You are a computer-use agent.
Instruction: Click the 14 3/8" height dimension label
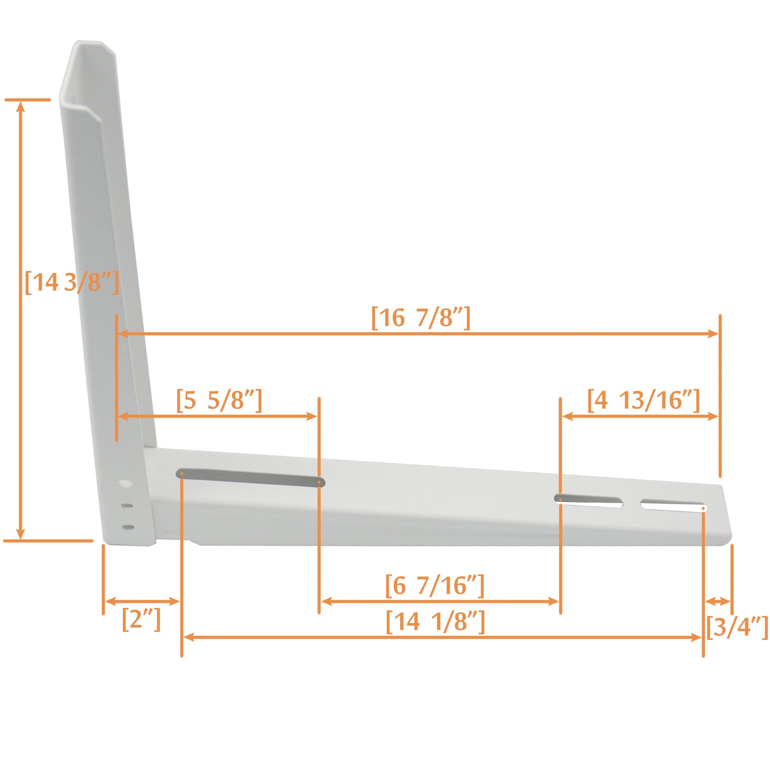click(x=72, y=283)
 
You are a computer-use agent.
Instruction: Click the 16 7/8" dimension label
click(x=420, y=318)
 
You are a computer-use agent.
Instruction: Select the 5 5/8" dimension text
click(x=219, y=401)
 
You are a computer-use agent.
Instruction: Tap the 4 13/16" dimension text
click(x=643, y=400)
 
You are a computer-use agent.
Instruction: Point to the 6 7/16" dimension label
click(x=435, y=586)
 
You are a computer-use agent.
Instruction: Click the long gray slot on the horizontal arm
click(x=250, y=478)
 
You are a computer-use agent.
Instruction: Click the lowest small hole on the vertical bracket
click(x=128, y=527)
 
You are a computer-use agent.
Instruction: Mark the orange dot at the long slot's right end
click(x=319, y=482)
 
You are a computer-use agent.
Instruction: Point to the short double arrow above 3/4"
click(x=718, y=601)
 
